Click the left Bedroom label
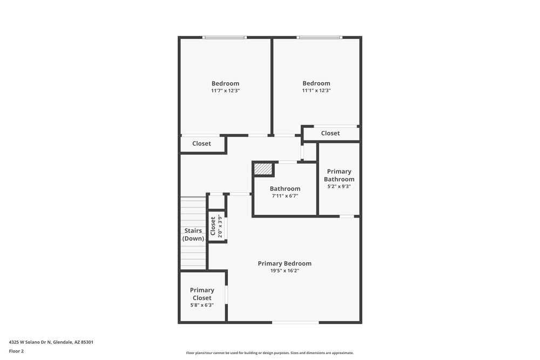pos(225,84)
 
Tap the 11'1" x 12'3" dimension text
pos(316,91)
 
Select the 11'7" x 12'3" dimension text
pos(225,91)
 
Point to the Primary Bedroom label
pos(285,263)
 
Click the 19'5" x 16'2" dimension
pos(285,271)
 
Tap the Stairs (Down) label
pos(193,235)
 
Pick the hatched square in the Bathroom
pos(264,169)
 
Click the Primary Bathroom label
pos(339,175)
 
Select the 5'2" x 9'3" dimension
pos(339,187)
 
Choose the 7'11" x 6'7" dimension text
pos(285,196)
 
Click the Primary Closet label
pos(202,294)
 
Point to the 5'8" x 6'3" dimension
pos(202,305)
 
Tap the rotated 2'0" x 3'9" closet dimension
pos(220,227)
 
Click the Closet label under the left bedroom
pos(202,144)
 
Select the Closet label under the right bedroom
pos(330,133)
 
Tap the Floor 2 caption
pos(16,351)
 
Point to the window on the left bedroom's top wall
pos(225,37)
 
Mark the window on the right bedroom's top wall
pos(319,37)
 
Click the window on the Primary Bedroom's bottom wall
pos(295,323)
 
